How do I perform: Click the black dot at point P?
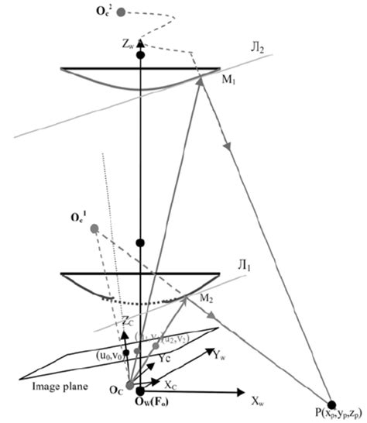332,404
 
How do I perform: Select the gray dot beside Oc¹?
94,229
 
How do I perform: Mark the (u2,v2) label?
172,336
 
